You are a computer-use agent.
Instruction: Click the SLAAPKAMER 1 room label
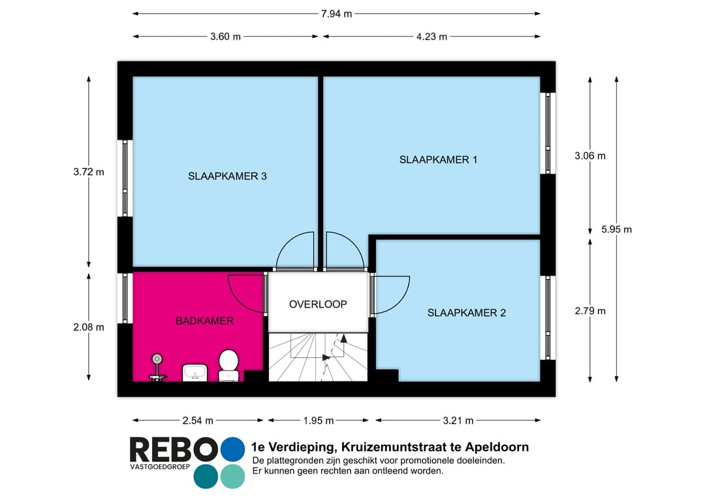pyautogui.click(x=438, y=159)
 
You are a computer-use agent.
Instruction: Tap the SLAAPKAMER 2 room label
pyautogui.click(x=466, y=313)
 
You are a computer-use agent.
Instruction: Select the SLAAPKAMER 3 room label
pyautogui.click(x=227, y=176)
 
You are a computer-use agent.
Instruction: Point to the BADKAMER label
pyautogui.click(x=204, y=321)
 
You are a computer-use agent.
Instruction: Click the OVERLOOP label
pyautogui.click(x=318, y=304)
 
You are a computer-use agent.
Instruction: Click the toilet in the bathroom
pyautogui.click(x=228, y=364)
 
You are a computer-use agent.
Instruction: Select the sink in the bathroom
pyautogui.click(x=195, y=373)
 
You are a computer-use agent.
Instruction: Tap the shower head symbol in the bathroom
pyautogui.click(x=157, y=359)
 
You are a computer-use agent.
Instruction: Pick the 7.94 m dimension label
pyautogui.click(x=336, y=14)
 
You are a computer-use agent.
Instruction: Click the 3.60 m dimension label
pyautogui.click(x=225, y=37)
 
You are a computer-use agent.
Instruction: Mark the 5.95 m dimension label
pyautogui.click(x=616, y=229)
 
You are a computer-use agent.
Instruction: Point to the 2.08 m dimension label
pyautogui.click(x=89, y=327)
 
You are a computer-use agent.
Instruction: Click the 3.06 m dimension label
pyautogui.click(x=589, y=155)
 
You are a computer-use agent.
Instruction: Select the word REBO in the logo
pyautogui.click(x=173, y=450)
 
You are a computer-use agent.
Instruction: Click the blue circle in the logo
pyautogui.click(x=232, y=449)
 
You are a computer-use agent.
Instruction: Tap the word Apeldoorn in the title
pyautogui.click(x=496, y=447)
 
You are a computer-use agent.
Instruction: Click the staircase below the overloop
pyautogui.click(x=318, y=357)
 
